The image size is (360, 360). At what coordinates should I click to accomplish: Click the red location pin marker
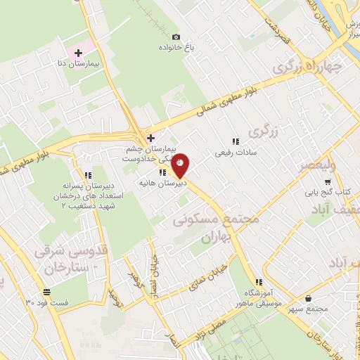(x=181, y=165)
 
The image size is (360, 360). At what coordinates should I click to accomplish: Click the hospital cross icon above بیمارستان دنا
(x=78, y=53)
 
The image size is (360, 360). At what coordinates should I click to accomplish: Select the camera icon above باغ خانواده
(x=176, y=37)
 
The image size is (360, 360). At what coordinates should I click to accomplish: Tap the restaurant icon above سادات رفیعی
(x=236, y=141)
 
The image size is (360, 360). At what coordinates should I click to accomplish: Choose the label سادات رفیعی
(x=236, y=153)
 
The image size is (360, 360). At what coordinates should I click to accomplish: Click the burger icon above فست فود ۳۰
(x=46, y=292)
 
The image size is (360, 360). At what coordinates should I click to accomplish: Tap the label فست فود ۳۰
(x=47, y=302)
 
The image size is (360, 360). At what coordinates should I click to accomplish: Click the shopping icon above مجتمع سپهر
(x=310, y=298)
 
